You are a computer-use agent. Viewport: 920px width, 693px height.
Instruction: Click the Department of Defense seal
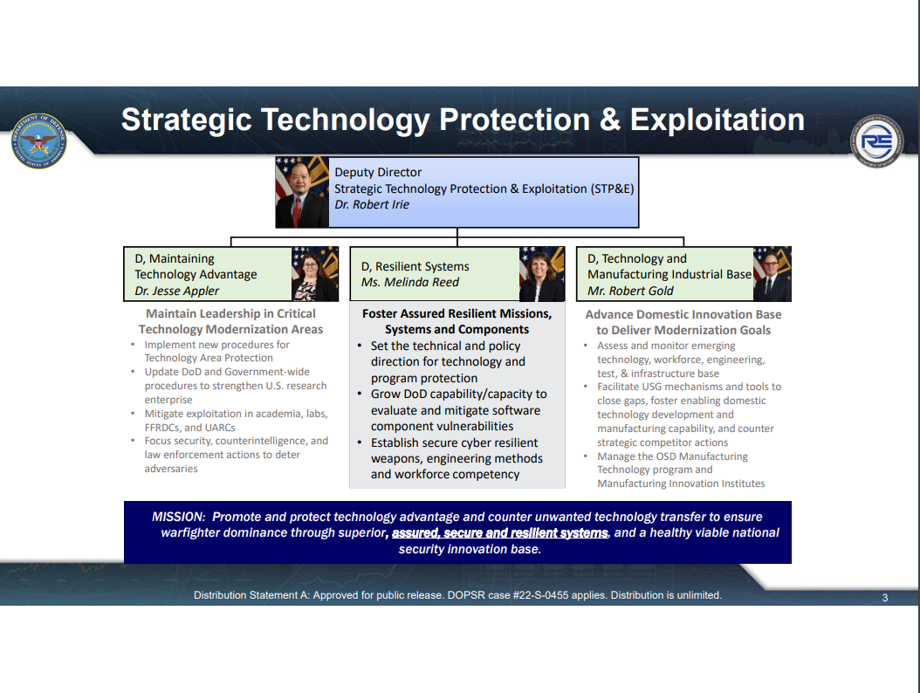click(x=38, y=141)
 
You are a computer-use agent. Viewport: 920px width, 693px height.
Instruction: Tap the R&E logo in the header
click(x=877, y=141)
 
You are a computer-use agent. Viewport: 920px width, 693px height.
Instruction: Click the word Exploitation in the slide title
click(x=717, y=120)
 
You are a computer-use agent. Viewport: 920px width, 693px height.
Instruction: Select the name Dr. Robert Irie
click(x=371, y=205)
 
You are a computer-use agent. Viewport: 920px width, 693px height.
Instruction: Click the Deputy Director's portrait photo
click(x=302, y=192)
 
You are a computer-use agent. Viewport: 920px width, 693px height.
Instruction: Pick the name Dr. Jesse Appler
click(x=176, y=291)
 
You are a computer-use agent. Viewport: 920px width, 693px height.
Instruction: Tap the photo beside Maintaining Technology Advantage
click(x=315, y=274)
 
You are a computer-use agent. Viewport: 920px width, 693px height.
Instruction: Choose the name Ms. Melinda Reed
click(x=410, y=282)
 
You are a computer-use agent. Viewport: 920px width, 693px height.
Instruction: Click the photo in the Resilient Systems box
click(x=541, y=274)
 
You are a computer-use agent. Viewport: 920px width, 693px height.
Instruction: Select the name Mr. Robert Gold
click(x=630, y=291)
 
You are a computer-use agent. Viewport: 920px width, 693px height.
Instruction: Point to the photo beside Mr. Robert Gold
click(x=772, y=274)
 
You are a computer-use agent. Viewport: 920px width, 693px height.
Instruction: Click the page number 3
click(x=885, y=598)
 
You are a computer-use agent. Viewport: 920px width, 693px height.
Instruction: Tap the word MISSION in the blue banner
click(x=178, y=517)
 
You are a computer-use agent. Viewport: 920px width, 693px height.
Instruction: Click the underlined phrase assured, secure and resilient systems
click(x=500, y=532)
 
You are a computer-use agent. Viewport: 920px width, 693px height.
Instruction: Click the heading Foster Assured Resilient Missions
click(x=457, y=314)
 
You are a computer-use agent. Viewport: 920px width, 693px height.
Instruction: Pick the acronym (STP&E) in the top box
click(x=612, y=189)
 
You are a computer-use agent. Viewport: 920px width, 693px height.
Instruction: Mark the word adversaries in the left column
click(x=171, y=469)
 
